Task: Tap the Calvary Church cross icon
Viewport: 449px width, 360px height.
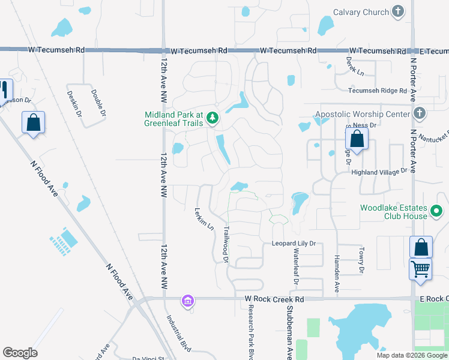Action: click(397, 11)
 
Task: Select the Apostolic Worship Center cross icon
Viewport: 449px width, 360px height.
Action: click(420, 113)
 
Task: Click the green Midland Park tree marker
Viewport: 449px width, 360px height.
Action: click(212, 118)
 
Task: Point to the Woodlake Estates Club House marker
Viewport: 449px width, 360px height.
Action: click(436, 212)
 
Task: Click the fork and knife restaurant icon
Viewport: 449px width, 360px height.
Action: click(4, 89)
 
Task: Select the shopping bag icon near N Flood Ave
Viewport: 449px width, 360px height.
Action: click(33, 122)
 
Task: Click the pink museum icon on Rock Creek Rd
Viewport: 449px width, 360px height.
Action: click(187, 300)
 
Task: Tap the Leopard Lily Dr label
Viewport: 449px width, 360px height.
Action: click(294, 244)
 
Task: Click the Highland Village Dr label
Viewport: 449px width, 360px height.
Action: click(379, 172)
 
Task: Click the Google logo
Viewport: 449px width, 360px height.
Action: click(20, 353)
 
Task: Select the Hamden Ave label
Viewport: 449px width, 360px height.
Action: click(337, 265)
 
